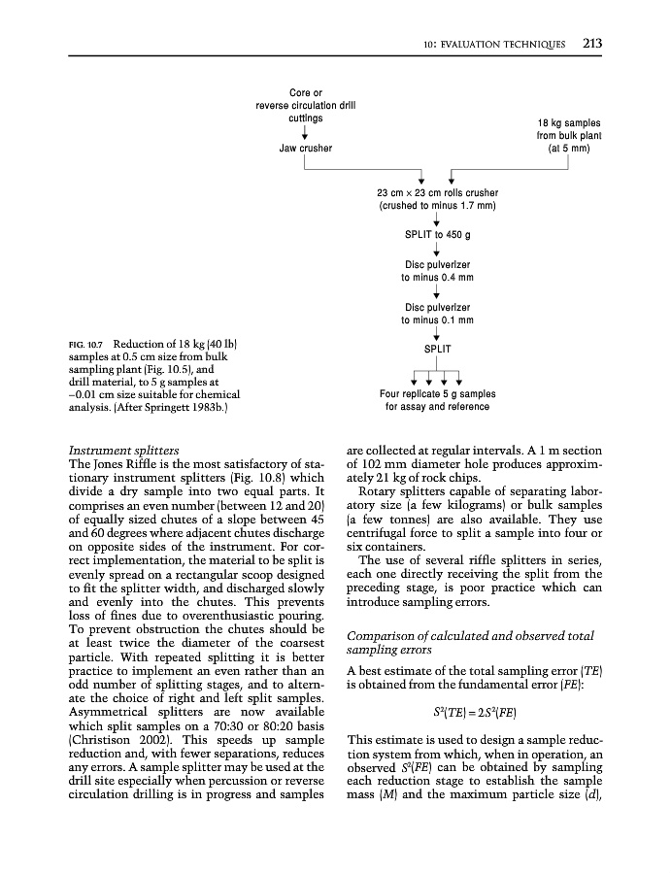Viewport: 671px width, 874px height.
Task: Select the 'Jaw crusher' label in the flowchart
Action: click(306, 149)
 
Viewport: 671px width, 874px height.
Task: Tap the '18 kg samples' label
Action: click(568, 123)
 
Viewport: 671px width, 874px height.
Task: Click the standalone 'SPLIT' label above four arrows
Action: click(437, 348)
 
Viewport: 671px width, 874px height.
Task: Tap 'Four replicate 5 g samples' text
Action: click(437, 394)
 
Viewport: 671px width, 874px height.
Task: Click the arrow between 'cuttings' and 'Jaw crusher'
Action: click(306, 133)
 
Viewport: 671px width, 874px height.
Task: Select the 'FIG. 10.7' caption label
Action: click(86, 345)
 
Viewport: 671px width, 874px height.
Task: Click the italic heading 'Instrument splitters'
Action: click(122, 451)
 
